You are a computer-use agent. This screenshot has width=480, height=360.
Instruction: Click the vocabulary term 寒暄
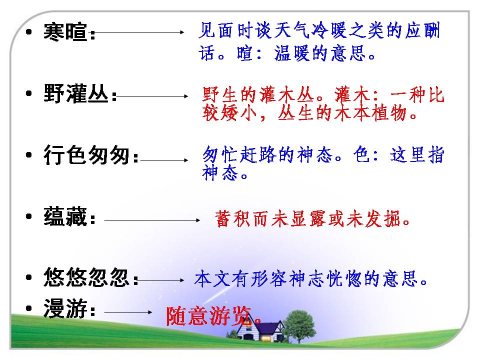click(65, 32)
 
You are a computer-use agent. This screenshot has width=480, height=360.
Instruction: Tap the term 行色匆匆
click(87, 156)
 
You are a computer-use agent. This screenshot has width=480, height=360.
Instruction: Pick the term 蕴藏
click(65, 218)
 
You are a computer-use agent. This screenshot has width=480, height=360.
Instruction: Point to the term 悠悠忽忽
click(87, 278)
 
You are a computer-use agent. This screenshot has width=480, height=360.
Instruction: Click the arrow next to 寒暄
click(140, 33)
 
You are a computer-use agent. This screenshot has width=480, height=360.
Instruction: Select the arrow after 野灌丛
click(152, 95)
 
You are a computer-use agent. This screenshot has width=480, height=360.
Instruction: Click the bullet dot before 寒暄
click(30, 33)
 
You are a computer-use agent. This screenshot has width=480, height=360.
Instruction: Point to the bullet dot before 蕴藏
click(30, 218)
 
